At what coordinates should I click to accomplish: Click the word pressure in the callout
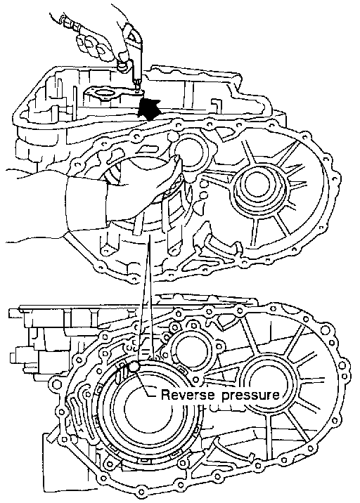250,396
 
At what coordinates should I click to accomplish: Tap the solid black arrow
148,108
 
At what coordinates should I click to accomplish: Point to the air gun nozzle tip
138,86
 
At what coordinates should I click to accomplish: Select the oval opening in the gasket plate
105,94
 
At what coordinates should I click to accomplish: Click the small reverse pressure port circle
134,366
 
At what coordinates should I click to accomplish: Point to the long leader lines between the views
146,299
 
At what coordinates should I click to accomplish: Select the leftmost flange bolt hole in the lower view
56,384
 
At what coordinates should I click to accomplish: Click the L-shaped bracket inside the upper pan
217,105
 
